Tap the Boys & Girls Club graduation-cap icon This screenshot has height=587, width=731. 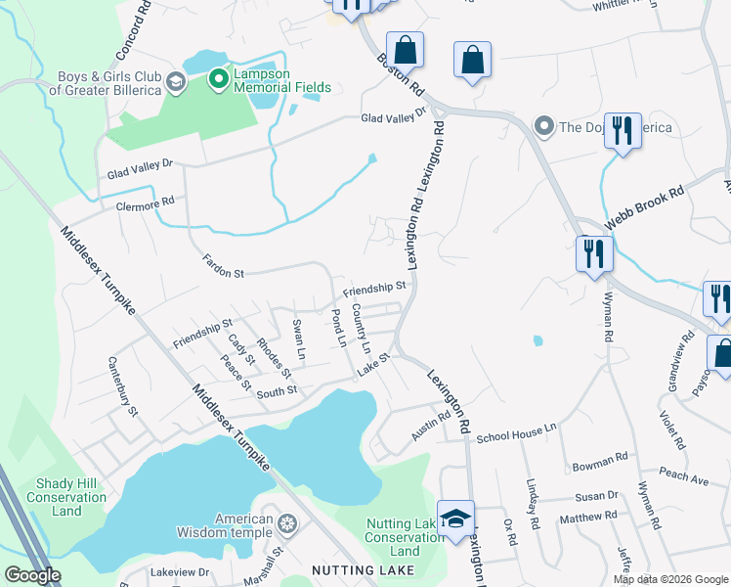pyautogui.click(x=176, y=78)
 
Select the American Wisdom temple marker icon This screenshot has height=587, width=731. pyautogui.click(x=286, y=524)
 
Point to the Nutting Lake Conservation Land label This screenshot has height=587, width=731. pyautogui.click(x=405, y=537)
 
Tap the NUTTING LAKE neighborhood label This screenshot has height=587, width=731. pyautogui.click(x=365, y=568)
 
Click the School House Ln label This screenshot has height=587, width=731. pyautogui.click(x=516, y=431)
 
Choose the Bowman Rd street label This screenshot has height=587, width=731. pyautogui.click(x=601, y=459)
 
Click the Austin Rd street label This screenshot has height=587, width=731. pyautogui.click(x=430, y=425)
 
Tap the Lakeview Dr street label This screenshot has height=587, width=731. pyautogui.click(x=181, y=571)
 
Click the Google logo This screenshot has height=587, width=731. pyautogui.click(x=32, y=574)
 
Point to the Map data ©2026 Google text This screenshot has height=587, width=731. pyautogui.click(x=669, y=579)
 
